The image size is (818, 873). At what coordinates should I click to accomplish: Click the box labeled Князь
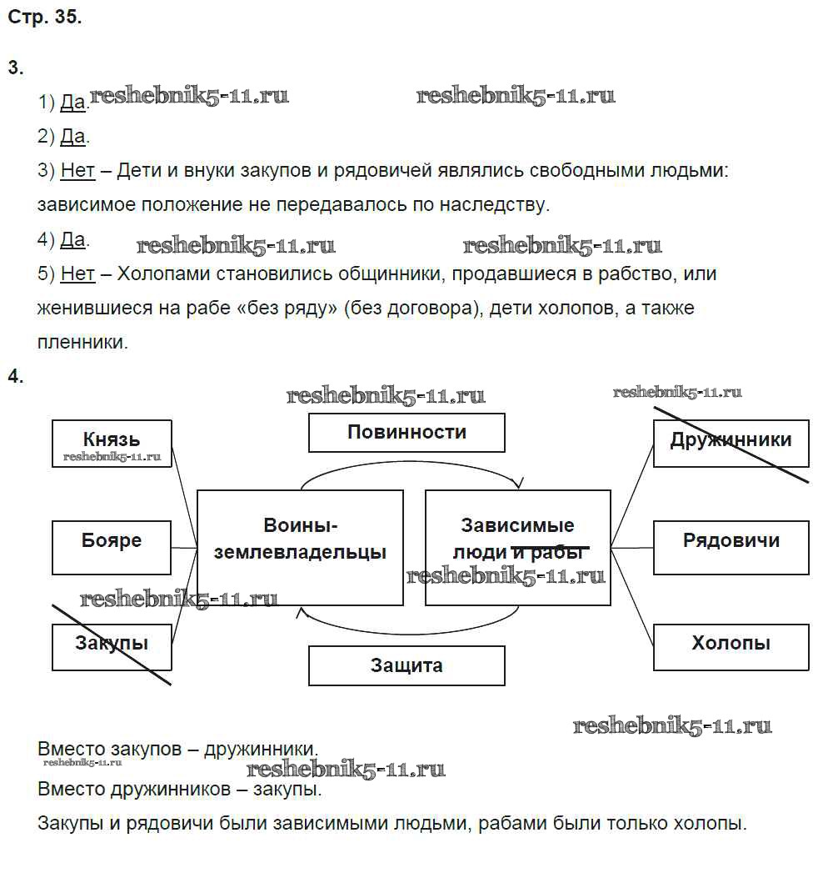(112, 443)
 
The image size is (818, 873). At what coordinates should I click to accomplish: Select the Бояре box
(112, 547)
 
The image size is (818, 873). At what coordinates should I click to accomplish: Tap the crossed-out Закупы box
(112, 646)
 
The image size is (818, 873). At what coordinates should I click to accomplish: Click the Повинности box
(407, 433)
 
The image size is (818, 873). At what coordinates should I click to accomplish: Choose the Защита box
(407, 665)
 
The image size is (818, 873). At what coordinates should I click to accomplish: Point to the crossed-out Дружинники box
(731, 443)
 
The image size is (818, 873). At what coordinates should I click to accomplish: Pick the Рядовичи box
(731, 547)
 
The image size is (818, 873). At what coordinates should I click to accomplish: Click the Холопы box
(731, 646)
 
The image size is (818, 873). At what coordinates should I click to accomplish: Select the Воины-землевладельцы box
(300, 547)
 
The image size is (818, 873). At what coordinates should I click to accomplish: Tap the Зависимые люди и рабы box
(517, 547)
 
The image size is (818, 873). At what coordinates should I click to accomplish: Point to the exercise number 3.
(15, 68)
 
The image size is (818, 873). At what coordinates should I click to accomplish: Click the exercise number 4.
(15, 376)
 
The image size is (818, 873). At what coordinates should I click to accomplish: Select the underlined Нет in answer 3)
(77, 171)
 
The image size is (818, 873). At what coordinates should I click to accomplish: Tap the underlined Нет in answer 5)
(77, 273)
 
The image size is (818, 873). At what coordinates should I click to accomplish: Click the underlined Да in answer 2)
(73, 137)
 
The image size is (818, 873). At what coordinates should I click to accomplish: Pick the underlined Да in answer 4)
(73, 240)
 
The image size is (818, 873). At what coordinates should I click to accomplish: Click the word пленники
(82, 342)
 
